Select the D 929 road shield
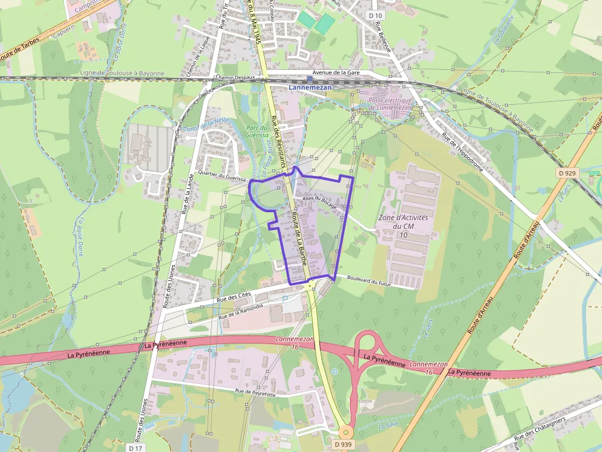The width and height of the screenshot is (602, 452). click(568, 173)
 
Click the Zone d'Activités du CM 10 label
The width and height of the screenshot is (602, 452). click(403, 226)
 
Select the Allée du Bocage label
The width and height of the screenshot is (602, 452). click(319, 202)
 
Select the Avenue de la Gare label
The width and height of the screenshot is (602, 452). click(336, 72)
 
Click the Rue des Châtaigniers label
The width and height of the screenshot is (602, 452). click(541, 427)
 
